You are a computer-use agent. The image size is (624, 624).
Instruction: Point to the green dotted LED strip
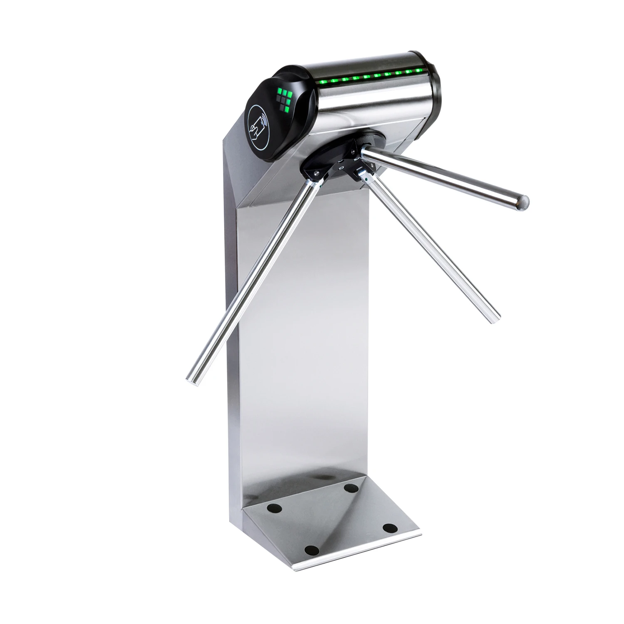366,76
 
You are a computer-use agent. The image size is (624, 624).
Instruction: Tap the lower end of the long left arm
191,380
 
